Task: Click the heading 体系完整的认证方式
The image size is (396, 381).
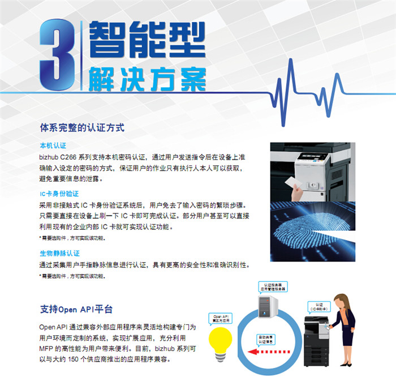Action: [x=82, y=128]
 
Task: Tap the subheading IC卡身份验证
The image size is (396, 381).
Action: [x=59, y=193]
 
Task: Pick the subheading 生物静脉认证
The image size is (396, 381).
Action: [x=59, y=253]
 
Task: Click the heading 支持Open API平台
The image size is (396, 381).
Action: [x=76, y=309]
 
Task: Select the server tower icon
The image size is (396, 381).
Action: [x=267, y=306]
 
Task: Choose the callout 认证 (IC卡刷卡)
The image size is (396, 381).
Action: [x=318, y=307]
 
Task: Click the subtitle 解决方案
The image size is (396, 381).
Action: [x=147, y=80]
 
